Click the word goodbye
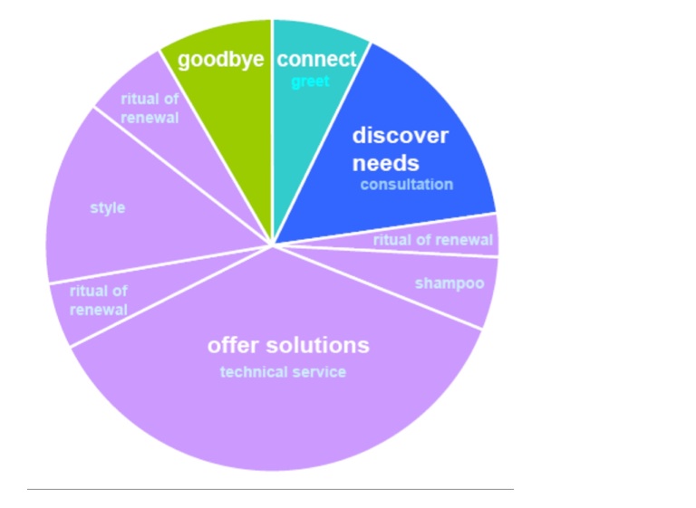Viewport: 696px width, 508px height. [x=220, y=60]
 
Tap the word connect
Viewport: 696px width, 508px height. [x=316, y=59]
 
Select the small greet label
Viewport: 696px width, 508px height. [x=310, y=82]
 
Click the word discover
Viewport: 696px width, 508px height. [x=400, y=135]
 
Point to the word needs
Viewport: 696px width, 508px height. [x=385, y=163]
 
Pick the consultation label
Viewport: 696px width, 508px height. [x=407, y=184]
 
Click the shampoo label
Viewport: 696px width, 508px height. [x=449, y=284]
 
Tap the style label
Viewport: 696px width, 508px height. [x=108, y=208]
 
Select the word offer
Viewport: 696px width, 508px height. [x=233, y=345]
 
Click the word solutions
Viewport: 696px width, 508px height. [x=317, y=345]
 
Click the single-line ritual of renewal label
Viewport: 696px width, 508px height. [x=433, y=240]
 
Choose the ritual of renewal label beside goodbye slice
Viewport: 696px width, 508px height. [x=150, y=109]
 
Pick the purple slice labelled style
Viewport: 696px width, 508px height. [x=133, y=208]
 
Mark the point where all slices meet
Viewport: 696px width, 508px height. [x=272, y=244]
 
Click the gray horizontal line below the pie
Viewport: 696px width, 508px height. [x=270, y=489]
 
